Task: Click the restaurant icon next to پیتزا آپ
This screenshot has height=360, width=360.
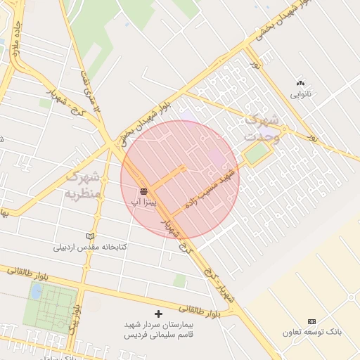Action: coord(143,191)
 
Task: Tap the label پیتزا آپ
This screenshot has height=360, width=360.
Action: coord(143,202)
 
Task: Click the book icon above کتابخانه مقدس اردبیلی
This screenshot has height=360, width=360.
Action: coord(89,236)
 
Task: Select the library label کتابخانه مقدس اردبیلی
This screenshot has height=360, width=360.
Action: coord(89,247)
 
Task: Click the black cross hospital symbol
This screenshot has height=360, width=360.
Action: coord(157,314)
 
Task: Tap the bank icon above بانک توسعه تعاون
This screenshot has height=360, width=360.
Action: coord(312,321)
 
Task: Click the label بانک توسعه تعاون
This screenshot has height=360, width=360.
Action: coord(312,332)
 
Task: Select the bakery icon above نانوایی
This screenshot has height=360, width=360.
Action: coord(302,82)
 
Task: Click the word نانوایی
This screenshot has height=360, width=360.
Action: coord(300,93)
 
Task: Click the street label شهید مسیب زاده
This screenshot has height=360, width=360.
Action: coord(210,186)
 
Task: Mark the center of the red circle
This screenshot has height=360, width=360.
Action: coord(180,179)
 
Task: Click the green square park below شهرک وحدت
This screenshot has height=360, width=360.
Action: coord(256,155)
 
